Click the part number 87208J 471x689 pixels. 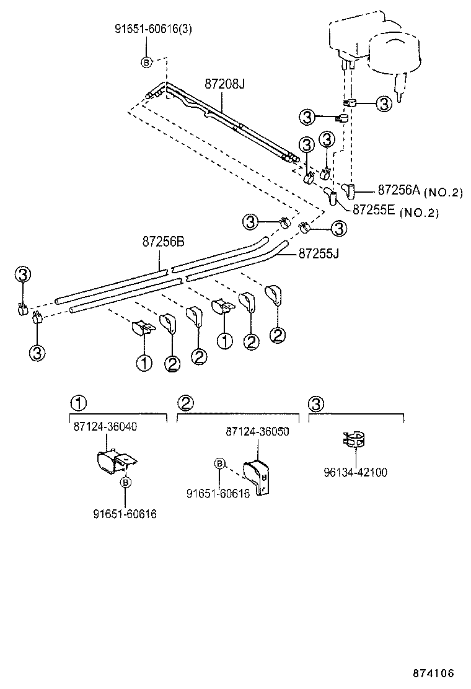click(x=224, y=84)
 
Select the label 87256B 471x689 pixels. click(x=164, y=242)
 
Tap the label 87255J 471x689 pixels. click(x=319, y=253)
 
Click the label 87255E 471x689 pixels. click(x=374, y=210)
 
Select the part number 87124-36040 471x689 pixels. click(x=105, y=427)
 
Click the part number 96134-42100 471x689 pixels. click(x=355, y=472)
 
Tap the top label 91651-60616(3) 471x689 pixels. click(x=147, y=28)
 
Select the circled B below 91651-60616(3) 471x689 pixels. click(x=147, y=62)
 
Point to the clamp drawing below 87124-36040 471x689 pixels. click(x=115, y=462)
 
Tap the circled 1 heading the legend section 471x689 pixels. click(x=77, y=403)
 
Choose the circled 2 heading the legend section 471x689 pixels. click(x=185, y=403)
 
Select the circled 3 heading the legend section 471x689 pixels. click(x=315, y=403)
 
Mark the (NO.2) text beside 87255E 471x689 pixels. click(x=420, y=213)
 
